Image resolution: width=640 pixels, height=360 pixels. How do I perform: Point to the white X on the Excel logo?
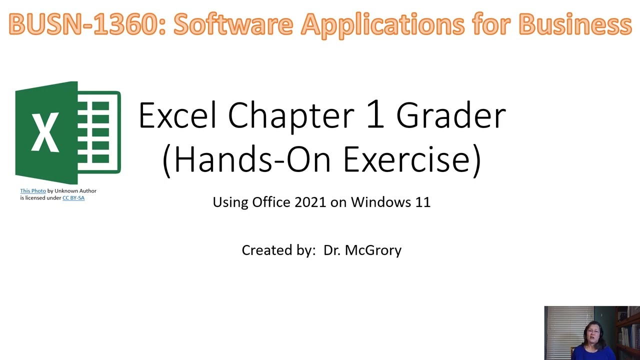click(x=45, y=132)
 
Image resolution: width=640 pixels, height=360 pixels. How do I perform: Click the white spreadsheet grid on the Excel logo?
click(x=100, y=132)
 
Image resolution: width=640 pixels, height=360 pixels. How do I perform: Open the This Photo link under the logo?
click(x=33, y=190)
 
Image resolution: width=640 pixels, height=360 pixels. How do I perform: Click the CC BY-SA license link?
click(x=73, y=197)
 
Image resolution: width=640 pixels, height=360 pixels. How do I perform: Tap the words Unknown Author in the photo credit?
click(x=75, y=190)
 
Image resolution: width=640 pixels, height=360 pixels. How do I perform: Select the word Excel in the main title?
click(x=177, y=115)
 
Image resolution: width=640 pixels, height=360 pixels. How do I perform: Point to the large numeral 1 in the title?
click(x=375, y=114)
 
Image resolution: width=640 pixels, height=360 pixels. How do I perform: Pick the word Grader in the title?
click(x=451, y=115)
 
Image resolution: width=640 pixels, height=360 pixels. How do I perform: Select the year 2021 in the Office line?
click(x=310, y=202)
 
